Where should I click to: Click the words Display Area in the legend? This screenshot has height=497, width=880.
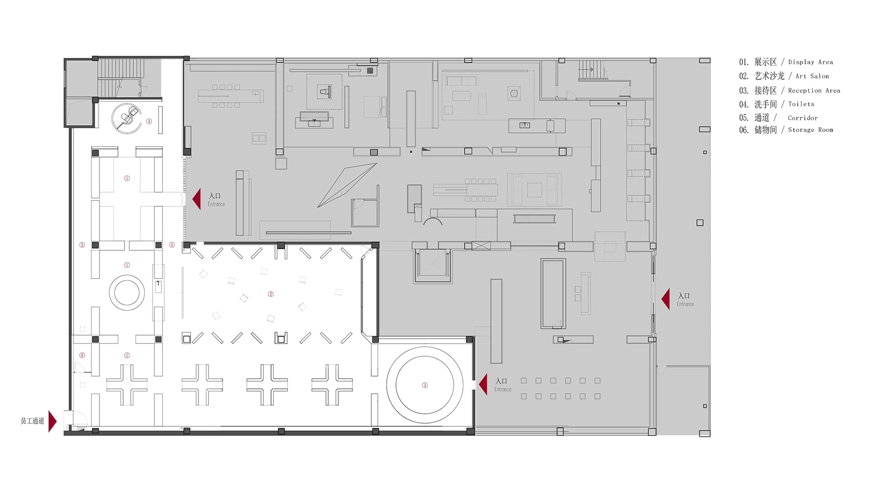(810, 62)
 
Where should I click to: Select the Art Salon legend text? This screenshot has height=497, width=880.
(812, 76)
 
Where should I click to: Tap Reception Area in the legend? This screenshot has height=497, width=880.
(814, 90)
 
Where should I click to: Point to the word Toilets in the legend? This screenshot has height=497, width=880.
(801, 104)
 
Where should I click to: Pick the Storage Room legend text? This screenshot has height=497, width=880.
(810, 130)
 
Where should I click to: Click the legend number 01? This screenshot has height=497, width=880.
(744, 62)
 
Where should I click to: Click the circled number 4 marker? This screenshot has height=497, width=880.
(149, 122)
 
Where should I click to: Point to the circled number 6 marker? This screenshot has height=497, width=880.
(82, 355)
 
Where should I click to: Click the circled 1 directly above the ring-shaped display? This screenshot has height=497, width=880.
(127, 265)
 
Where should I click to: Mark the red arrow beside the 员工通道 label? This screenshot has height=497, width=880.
(52, 421)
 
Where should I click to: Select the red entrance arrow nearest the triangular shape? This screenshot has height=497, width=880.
(197, 199)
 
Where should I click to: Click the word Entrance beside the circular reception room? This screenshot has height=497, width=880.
(503, 390)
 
